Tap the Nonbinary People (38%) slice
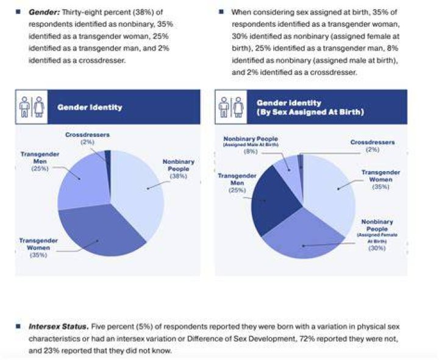[137, 190]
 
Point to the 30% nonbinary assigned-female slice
[304, 238]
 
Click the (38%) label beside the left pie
[178, 176]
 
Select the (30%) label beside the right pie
[377, 248]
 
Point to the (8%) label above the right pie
[251, 152]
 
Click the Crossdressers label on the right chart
[373, 143]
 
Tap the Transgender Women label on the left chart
[38, 244]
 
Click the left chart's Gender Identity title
[90, 107]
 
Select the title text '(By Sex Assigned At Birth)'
[310, 112]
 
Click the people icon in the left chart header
[31, 107]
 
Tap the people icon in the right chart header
[231, 107]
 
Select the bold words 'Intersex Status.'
[59, 326]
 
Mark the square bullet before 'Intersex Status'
[18, 326]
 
